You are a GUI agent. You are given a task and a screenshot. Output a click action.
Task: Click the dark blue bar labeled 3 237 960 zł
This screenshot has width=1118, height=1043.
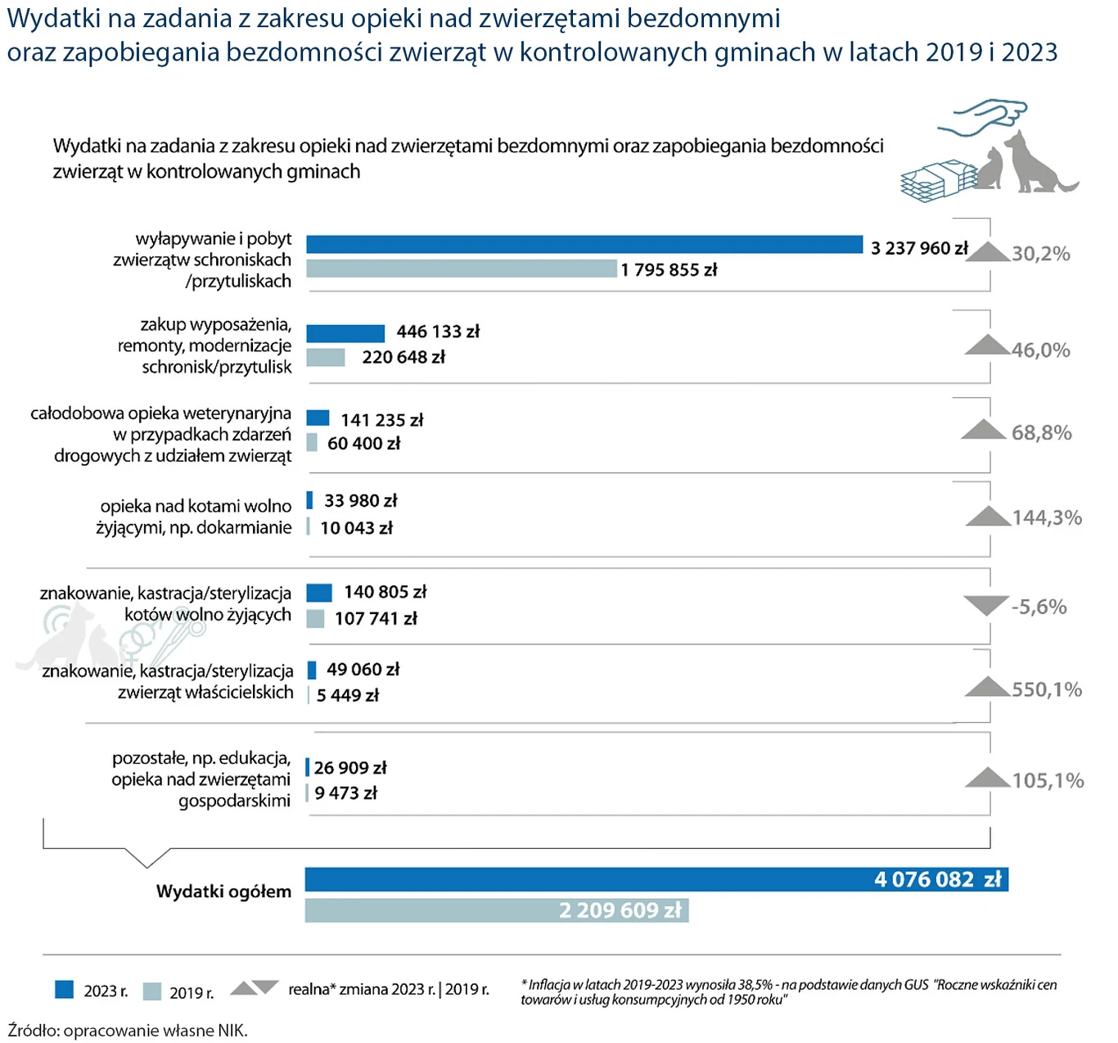pyautogui.click(x=584, y=244)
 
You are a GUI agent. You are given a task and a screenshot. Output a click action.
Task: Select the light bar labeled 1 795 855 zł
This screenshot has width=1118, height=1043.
pyautogui.click(x=462, y=269)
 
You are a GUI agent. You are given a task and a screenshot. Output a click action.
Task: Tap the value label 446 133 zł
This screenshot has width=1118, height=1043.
pyautogui.click(x=438, y=332)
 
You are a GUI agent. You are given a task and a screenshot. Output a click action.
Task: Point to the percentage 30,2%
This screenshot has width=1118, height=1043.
pyautogui.click(x=1040, y=254)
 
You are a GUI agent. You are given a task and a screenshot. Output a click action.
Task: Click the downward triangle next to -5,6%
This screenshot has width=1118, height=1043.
pyautogui.click(x=985, y=606)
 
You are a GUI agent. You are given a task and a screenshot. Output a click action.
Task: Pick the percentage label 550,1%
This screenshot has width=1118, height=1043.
pyautogui.click(x=1047, y=689)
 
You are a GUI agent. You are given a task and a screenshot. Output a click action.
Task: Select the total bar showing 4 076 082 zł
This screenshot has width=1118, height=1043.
pyautogui.click(x=656, y=879)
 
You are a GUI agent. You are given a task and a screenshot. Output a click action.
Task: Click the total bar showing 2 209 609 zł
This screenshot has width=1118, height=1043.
pyautogui.click(x=496, y=910)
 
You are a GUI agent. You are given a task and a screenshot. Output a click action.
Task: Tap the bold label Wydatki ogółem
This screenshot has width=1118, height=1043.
pyautogui.click(x=223, y=892)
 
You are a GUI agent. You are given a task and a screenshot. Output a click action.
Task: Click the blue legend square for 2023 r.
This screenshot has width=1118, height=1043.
pyautogui.click(x=65, y=990)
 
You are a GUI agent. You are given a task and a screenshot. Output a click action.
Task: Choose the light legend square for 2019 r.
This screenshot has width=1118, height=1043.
pyautogui.click(x=152, y=991)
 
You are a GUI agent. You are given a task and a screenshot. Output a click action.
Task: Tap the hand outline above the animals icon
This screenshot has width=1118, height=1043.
pyautogui.click(x=982, y=119)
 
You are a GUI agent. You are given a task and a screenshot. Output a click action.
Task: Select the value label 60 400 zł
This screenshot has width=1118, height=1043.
pyautogui.click(x=363, y=444)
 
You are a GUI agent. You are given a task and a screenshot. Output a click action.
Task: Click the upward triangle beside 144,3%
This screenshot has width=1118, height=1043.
pyautogui.click(x=988, y=517)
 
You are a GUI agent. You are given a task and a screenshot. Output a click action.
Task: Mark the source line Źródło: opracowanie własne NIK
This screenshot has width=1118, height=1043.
pyautogui.click(x=128, y=1030)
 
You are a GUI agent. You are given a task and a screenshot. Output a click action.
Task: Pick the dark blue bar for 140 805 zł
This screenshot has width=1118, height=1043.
pyautogui.click(x=319, y=592)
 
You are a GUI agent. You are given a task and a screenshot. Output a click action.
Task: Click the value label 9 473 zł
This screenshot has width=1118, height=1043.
pyautogui.click(x=345, y=793)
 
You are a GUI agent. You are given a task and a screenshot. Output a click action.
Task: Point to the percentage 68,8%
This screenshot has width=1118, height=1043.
pyautogui.click(x=1041, y=432)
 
